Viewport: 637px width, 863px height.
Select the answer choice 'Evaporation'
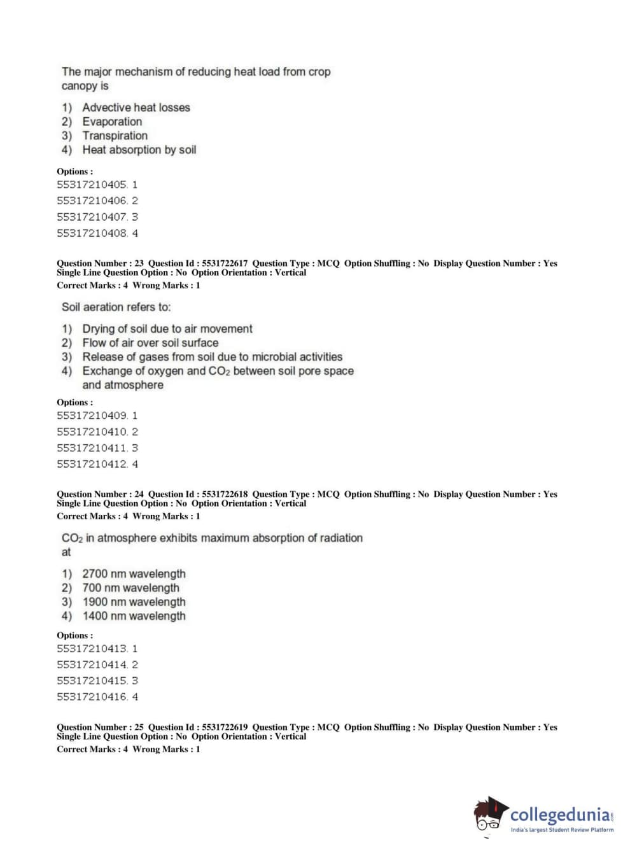[112, 122]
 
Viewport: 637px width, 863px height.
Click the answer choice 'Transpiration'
[115, 136]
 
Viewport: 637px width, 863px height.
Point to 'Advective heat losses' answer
[136, 108]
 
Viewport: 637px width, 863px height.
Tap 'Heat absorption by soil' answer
[139, 150]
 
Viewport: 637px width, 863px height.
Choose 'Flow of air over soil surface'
[150, 342]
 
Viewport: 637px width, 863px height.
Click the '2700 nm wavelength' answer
[134, 574]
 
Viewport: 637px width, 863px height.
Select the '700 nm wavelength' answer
[130, 588]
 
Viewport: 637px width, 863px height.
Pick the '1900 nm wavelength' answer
[134, 602]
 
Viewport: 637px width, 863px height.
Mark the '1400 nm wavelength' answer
[134, 616]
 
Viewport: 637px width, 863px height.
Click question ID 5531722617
[225, 263]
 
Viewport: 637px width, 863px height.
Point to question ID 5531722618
[225, 495]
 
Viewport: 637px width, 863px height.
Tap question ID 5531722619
[225, 727]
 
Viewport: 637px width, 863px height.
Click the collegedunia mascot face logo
[489, 815]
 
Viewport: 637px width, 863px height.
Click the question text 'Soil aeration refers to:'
[116, 307]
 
